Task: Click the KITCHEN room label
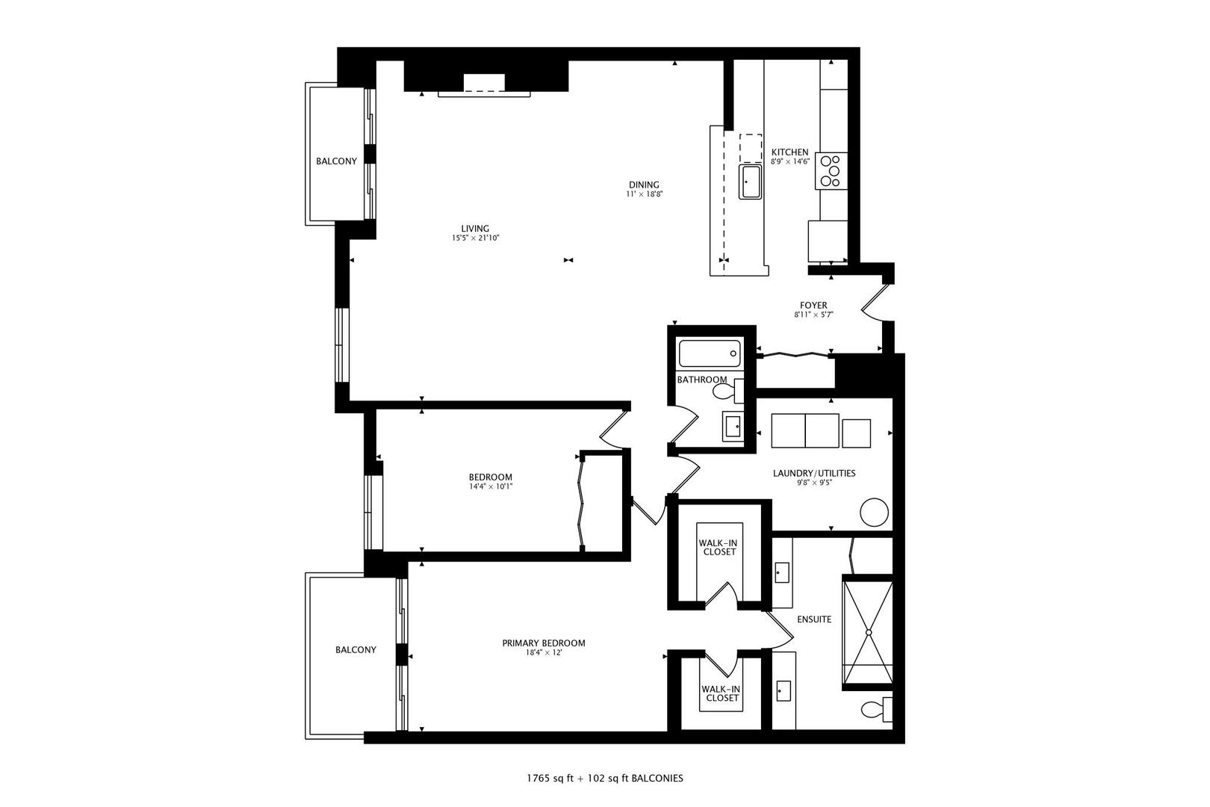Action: pyautogui.click(x=789, y=152)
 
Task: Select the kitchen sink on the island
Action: pyautogui.click(x=750, y=182)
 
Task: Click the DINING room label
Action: pyautogui.click(x=644, y=185)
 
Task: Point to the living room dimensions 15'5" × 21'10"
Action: pyautogui.click(x=475, y=238)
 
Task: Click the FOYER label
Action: pyautogui.click(x=813, y=305)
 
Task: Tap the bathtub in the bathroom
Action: pyautogui.click(x=709, y=353)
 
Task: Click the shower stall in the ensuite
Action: pyautogui.click(x=868, y=632)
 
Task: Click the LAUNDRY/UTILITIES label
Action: pyautogui.click(x=814, y=473)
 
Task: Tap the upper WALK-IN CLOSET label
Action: pyautogui.click(x=718, y=547)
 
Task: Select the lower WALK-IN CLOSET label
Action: pyautogui.click(x=720, y=693)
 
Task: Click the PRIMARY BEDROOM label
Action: pyautogui.click(x=543, y=643)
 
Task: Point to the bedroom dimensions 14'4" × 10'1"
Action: pyautogui.click(x=490, y=486)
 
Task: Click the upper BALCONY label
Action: pyautogui.click(x=336, y=161)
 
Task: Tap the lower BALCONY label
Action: pyautogui.click(x=356, y=649)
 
